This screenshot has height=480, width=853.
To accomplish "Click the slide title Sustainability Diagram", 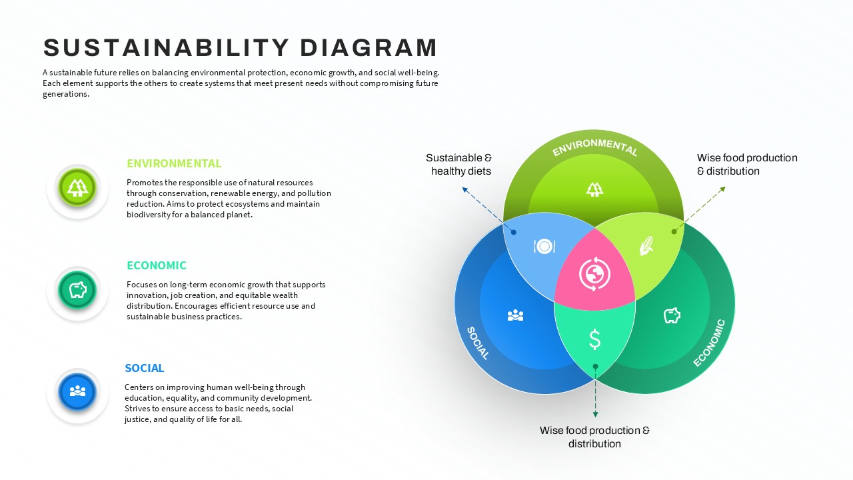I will coord(241,48).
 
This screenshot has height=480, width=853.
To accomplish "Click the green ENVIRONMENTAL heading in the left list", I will coord(174,163).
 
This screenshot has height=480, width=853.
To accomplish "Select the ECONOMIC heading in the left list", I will coord(157,265).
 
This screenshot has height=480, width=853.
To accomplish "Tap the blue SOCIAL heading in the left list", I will coord(144,368).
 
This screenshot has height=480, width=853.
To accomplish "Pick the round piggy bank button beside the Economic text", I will coord(78,289).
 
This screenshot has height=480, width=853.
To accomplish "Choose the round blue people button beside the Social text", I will coord(78,391).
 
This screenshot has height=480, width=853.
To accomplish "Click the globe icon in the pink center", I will coord(594,274).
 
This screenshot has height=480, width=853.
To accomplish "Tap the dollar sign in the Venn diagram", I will coord(595,339).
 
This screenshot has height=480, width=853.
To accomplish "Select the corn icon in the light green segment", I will coord(646,245).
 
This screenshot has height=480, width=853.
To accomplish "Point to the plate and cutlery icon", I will coord(544,247).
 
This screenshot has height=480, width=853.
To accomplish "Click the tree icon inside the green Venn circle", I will coord(594,189).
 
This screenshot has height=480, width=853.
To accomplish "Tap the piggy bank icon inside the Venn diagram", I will coord(672,315).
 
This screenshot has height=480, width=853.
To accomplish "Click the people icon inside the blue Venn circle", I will coord(515,315).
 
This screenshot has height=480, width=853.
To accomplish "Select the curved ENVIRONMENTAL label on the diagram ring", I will coord(594,146).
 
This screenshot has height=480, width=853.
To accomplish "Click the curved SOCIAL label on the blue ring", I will coord(478,343).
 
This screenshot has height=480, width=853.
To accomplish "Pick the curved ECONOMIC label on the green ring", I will coord(709,343).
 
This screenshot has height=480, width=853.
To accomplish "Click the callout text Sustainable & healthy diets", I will coord(459,165).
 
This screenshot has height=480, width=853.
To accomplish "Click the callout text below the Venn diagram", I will coord(594,437).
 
